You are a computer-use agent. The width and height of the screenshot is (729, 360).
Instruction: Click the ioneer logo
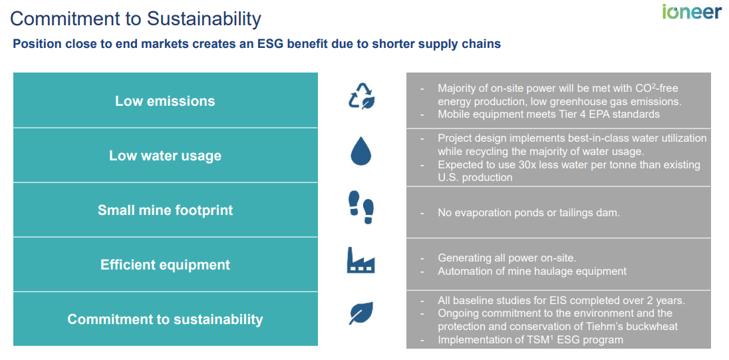(x=691, y=13)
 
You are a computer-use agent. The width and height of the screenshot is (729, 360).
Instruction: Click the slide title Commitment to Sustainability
(x=136, y=18)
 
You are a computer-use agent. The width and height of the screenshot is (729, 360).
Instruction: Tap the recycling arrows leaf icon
(x=362, y=96)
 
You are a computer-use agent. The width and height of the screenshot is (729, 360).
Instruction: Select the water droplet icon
(x=361, y=152)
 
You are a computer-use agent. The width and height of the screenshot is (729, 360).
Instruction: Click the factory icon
(x=361, y=260)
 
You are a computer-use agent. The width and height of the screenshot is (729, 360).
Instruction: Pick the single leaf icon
(x=361, y=313)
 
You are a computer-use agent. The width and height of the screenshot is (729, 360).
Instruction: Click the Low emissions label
(x=165, y=101)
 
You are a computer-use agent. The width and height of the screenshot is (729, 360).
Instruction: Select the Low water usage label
(x=165, y=156)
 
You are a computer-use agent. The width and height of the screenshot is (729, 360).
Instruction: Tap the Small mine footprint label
(x=165, y=210)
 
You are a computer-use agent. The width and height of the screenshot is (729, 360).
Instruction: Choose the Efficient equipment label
(x=165, y=265)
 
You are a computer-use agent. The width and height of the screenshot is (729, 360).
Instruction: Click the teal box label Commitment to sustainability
(x=165, y=319)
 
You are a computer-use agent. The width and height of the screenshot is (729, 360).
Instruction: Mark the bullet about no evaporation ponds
(x=528, y=213)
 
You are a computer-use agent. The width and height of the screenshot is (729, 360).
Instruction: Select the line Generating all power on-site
(x=507, y=258)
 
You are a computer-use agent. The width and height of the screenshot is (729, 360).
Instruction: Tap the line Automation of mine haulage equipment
(x=532, y=271)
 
